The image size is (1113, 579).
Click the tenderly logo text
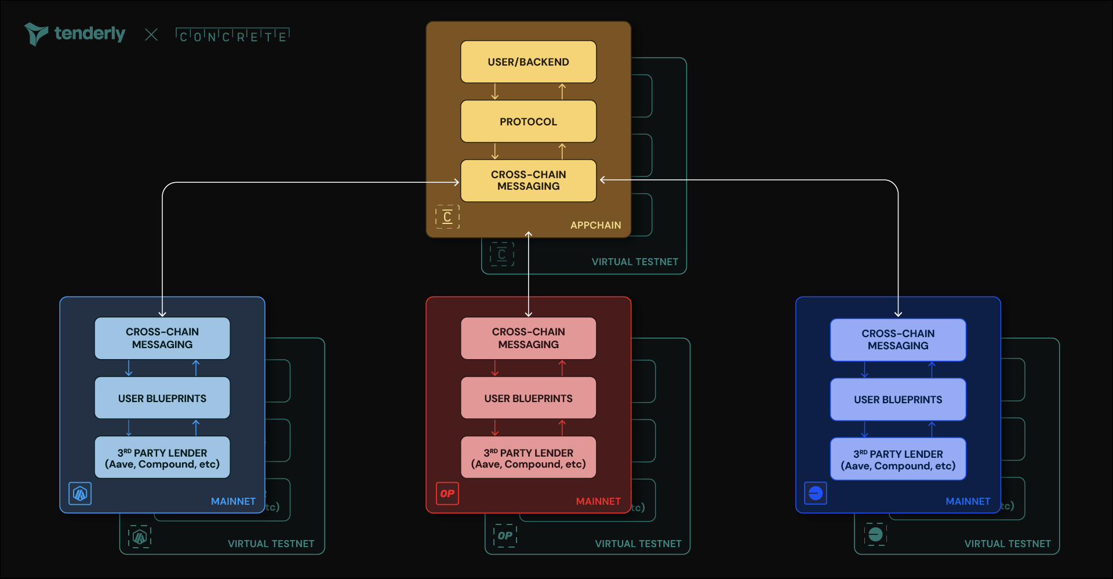click(x=89, y=34)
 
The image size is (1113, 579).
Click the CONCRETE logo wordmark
click(x=232, y=35)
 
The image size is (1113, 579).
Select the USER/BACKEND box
click(x=528, y=62)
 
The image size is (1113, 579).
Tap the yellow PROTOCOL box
click(x=528, y=122)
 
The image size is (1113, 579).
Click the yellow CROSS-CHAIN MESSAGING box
click(x=528, y=180)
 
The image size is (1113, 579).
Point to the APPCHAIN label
click(x=595, y=225)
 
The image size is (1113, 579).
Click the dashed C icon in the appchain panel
click(x=448, y=217)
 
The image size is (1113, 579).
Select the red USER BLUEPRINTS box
click(x=528, y=399)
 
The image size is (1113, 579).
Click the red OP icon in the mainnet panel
click(x=448, y=494)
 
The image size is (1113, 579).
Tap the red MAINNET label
click(x=598, y=501)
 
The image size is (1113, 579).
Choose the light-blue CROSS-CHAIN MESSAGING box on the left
click(x=162, y=338)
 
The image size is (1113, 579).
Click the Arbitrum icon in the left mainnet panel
click(x=80, y=494)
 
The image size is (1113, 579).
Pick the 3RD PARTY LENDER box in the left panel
click(x=162, y=458)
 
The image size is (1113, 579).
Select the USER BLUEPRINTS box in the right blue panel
click(x=898, y=400)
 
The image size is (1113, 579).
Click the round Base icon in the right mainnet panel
click(x=816, y=494)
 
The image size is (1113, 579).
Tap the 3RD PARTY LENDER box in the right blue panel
click(x=898, y=459)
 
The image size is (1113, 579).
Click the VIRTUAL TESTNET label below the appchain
click(x=635, y=262)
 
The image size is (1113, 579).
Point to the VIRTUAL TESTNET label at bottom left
click(x=271, y=544)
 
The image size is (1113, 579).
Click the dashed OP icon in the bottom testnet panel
click(x=505, y=535)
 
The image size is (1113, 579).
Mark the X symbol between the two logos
click(x=151, y=35)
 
